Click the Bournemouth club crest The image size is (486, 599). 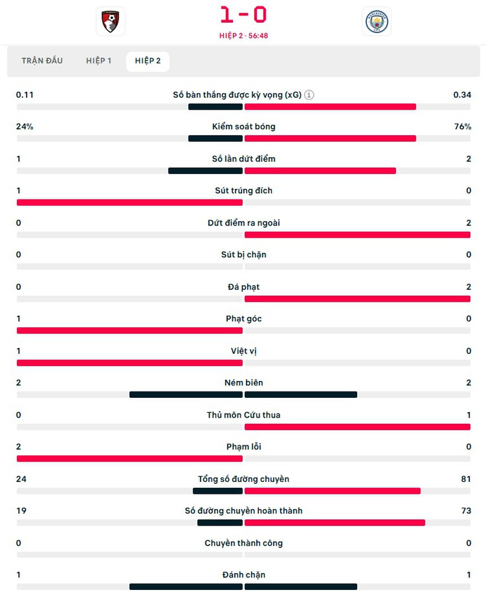coord(110,21)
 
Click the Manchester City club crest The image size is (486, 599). coord(376,21)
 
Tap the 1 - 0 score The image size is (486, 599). coord(244,15)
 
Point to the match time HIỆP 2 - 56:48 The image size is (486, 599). coord(244,36)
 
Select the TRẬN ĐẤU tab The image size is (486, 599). coord(42,61)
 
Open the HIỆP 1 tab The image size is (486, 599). coord(99,61)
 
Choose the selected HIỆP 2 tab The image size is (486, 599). coord(147,61)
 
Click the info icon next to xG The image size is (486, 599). coord(309,95)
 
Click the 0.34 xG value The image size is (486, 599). coord(462,95)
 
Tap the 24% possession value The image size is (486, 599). coord(25,127)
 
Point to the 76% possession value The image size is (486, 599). coord(462,127)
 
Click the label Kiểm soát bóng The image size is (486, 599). coord(244,127)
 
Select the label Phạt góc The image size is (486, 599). coord(244,319)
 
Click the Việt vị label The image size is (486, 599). coord(244,351)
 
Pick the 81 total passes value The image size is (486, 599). coord(466,479)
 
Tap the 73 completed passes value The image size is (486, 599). coord(466,511)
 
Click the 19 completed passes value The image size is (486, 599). coord(21,511)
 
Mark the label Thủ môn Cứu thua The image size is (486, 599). coord(244,415)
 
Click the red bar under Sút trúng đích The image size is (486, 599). coord(129,202)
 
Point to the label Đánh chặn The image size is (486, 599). coord(244,575)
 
